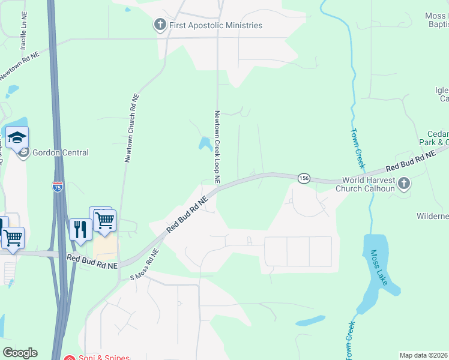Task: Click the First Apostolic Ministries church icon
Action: point(160,25)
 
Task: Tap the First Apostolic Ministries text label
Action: point(215,26)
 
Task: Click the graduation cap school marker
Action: point(17,137)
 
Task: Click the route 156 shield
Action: point(304,178)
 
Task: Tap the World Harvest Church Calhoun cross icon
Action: point(404,183)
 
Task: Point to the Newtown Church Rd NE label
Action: point(132,128)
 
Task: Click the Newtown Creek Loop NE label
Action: point(217,146)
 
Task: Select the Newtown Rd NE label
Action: point(19,65)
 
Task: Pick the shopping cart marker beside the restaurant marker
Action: point(104,220)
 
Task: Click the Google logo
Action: point(20,353)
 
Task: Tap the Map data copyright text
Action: point(423,355)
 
